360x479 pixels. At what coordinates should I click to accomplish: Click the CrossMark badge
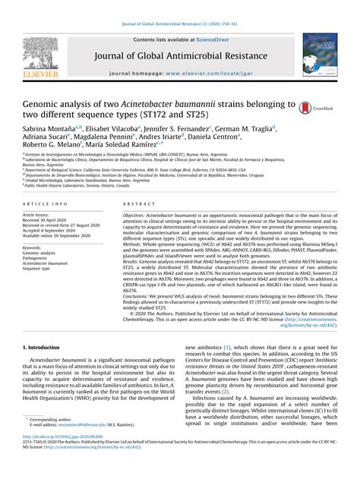click(x=318, y=109)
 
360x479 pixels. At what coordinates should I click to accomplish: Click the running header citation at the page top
click(x=179, y=7)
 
